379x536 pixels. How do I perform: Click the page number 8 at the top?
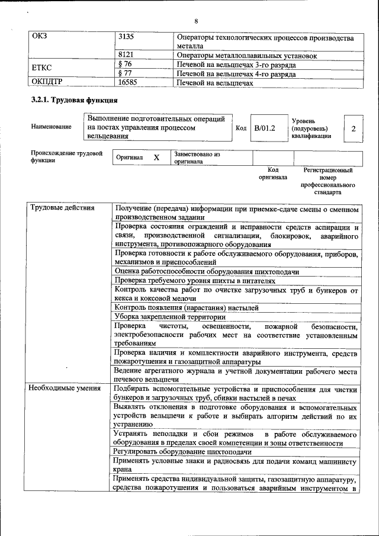195,22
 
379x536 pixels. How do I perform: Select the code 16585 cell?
128,83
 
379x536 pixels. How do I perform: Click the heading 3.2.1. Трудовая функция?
70,101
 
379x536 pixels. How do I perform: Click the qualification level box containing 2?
354,129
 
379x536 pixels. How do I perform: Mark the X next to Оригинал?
156,158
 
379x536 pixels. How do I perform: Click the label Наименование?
52,127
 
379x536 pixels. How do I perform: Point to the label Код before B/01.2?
241,128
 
